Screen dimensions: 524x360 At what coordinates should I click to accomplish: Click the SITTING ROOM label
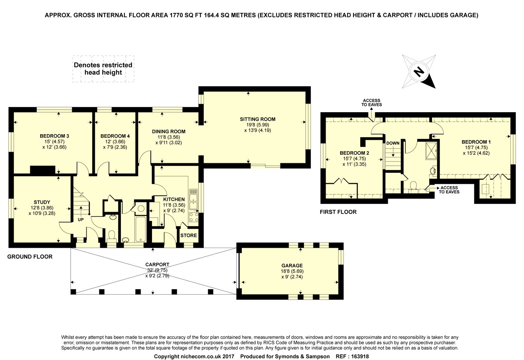point(257,119)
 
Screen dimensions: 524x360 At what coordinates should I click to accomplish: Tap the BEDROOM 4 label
point(115,136)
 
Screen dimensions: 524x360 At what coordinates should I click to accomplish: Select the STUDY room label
point(42,202)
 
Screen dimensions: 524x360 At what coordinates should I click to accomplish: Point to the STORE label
point(189,236)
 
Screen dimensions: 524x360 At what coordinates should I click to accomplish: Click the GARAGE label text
point(292,266)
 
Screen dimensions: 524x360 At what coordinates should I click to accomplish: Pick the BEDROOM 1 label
point(476,142)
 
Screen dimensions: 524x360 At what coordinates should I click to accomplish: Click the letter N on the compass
point(419,72)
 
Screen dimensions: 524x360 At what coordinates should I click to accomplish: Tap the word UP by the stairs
point(81,219)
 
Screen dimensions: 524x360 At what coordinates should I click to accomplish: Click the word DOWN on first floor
point(393,143)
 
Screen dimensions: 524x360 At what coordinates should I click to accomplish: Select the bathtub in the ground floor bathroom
point(140,229)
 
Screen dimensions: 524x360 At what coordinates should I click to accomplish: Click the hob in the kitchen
point(194,217)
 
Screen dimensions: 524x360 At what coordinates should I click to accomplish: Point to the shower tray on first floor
point(431,151)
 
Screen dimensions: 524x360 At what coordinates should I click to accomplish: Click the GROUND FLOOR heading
point(30,257)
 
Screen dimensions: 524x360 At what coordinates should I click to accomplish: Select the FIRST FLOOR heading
point(338,212)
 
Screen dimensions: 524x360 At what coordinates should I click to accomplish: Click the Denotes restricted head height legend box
point(103,69)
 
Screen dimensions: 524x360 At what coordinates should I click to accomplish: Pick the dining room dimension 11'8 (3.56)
point(169,137)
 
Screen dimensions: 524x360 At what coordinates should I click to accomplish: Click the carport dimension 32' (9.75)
point(157,270)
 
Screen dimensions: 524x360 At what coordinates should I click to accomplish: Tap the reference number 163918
point(360,357)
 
